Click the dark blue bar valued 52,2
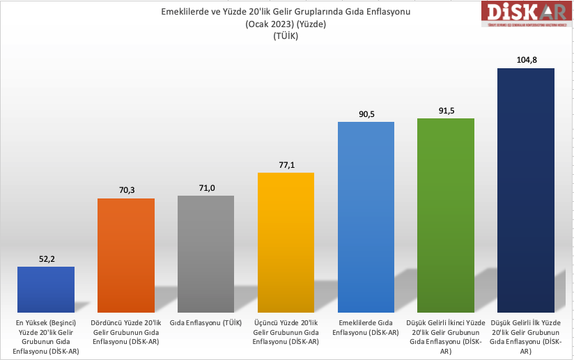coord(45,289)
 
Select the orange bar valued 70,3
coord(125,255)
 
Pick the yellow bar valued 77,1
coord(286,242)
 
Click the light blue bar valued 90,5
coord(366,217)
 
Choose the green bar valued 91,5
coord(446,215)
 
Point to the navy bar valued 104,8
coord(526,190)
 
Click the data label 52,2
coord(45,259)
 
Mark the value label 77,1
coord(286,165)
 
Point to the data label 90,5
coord(366,114)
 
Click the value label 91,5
coord(446,111)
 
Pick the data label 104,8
coord(526,61)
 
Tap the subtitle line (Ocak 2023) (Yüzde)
coord(286,24)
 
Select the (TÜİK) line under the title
coord(286,36)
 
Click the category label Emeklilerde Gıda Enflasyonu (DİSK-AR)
coord(366,327)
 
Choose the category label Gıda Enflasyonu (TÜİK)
coord(205,323)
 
